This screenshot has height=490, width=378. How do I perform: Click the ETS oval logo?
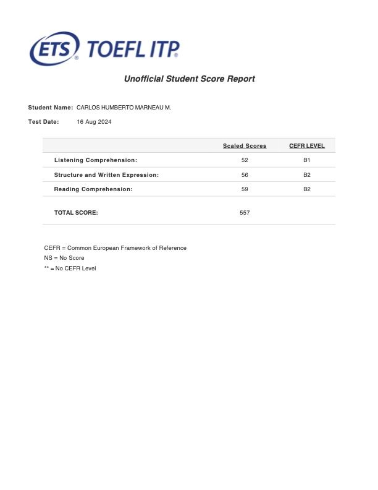[x=54, y=48]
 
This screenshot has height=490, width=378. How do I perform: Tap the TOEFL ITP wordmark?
[x=133, y=49]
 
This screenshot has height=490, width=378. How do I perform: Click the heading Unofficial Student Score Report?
[x=189, y=79]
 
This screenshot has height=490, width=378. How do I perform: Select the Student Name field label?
[x=51, y=108]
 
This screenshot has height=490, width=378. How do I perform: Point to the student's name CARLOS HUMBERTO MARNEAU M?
[x=124, y=108]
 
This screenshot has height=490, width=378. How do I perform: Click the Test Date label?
[x=44, y=122]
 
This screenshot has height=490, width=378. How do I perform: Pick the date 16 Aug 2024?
[x=94, y=122]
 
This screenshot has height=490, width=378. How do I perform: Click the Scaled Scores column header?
[x=245, y=146]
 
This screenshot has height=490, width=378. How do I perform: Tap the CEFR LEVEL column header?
[x=307, y=146]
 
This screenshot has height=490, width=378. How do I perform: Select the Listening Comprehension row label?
[x=96, y=160]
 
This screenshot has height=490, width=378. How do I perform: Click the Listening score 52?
[x=245, y=160]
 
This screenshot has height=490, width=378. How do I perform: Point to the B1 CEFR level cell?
[x=307, y=160]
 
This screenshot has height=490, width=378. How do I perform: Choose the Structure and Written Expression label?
[x=106, y=175]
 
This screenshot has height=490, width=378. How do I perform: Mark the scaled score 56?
[x=245, y=175]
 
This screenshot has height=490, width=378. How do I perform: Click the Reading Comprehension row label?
[x=93, y=189]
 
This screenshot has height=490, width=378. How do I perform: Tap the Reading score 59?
[x=245, y=189]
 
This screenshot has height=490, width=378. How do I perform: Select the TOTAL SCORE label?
[x=76, y=213]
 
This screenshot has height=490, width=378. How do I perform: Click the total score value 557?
[x=245, y=213]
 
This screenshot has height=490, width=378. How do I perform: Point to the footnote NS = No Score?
[x=64, y=258]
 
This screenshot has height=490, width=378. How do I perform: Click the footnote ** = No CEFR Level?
[x=70, y=269]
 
